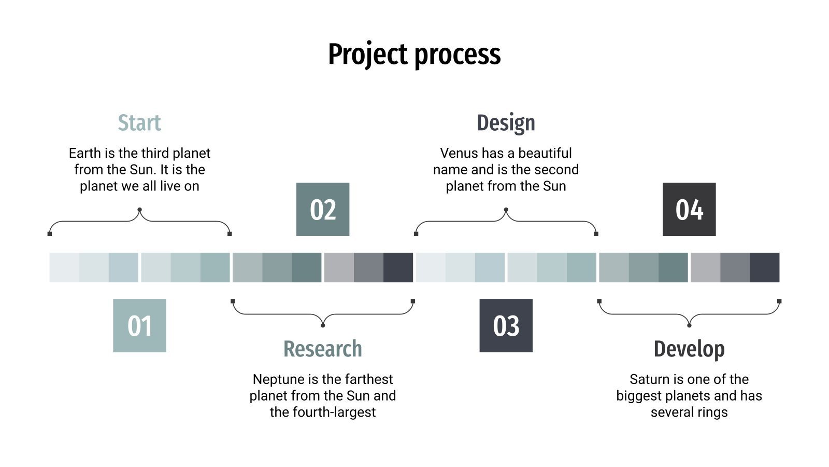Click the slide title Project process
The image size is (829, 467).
(x=414, y=54)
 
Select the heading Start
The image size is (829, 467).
(x=139, y=123)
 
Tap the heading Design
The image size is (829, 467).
(x=506, y=123)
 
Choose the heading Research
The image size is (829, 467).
(x=322, y=349)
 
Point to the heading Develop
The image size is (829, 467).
(x=689, y=349)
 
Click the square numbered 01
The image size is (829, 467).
(x=139, y=325)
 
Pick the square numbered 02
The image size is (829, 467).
(x=322, y=209)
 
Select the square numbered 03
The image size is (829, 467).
(x=506, y=325)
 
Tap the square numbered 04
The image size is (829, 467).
(x=689, y=209)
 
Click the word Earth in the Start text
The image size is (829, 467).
(x=84, y=153)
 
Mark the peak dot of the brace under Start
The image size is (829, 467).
(x=139, y=210)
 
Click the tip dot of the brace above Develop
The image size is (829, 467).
(x=689, y=325)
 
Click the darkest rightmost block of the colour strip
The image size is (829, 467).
(x=764, y=267)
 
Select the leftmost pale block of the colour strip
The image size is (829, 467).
(x=64, y=267)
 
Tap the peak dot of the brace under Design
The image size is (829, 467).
(x=506, y=210)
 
